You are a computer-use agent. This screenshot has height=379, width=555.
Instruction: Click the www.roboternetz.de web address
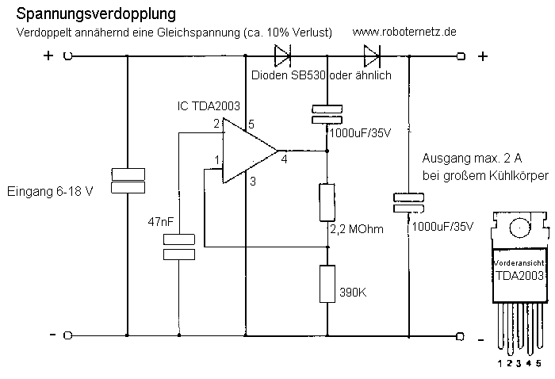(404, 32)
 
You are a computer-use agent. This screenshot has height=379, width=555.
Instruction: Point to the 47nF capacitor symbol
(178, 247)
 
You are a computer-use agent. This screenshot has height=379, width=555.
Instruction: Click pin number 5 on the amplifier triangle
(251, 124)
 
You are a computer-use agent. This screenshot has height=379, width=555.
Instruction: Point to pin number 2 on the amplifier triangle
(216, 124)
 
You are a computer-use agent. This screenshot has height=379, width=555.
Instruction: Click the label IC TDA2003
(209, 105)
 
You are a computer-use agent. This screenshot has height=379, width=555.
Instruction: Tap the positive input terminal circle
(68, 56)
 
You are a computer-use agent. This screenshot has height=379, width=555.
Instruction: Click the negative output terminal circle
(461, 335)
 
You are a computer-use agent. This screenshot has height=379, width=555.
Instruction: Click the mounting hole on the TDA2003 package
(519, 227)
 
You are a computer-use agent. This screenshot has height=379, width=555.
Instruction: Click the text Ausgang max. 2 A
(467, 159)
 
